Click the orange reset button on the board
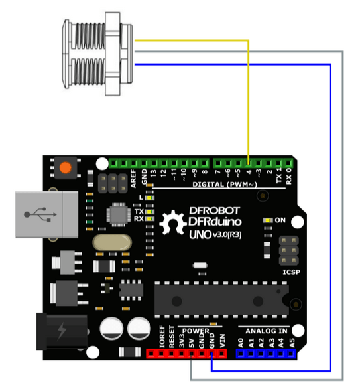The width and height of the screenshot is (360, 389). coord(66,168)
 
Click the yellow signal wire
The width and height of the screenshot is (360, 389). coord(248,100)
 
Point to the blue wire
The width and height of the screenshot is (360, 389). coord(330,199)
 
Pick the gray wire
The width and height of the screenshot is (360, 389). coord(343,199)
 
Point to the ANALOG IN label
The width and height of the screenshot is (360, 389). coord(267,330)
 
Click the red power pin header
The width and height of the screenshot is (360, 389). coord(185,354)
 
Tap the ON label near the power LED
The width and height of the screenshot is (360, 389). coord(280,220)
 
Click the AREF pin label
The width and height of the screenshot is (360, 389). coord(134,176)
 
